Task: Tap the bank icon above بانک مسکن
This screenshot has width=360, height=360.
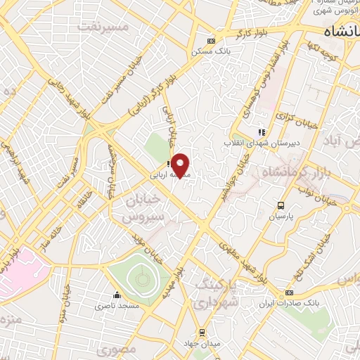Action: click(211, 41)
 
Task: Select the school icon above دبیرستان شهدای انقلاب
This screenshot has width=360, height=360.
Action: click(261, 131)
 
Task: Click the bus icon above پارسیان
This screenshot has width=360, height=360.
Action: click(281, 206)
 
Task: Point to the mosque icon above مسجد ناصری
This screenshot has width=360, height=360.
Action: click(117, 295)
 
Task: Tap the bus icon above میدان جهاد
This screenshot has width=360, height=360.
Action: click(202, 332)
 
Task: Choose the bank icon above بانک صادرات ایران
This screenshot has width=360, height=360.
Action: click(289, 292)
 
